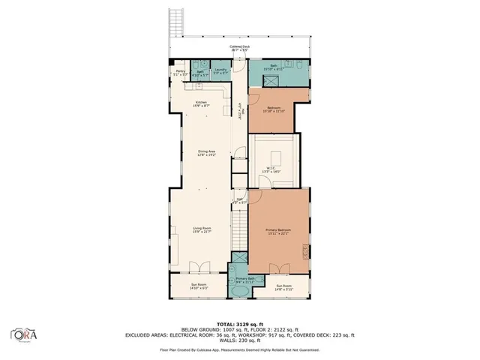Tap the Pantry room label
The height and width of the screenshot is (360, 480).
pos(180,73)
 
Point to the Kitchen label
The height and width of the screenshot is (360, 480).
pos(201,104)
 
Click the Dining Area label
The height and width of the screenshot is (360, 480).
pos(207,153)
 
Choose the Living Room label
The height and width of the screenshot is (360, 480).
pos(201,230)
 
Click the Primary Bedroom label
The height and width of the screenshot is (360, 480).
pos(278,231)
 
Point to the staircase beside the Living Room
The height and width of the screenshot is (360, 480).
pos(238,229)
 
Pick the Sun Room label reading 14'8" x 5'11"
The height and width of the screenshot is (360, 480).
pos(284,286)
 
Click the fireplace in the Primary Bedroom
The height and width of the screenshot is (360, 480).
pos(304,250)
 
